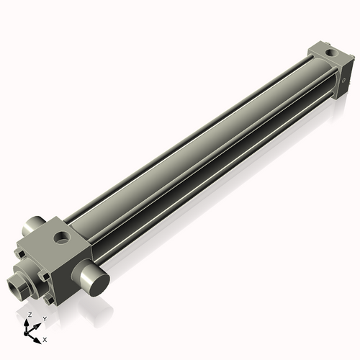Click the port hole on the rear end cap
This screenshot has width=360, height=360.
click(x=330, y=53)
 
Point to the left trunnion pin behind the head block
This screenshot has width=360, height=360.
click(x=35, y=227)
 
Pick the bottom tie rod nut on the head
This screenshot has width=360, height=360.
click(x=50, y=297)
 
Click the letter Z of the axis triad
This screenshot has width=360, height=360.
click(x=29, y=315)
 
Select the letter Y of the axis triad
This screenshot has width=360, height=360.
click(x=45, y=318)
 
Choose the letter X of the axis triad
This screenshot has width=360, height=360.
click(x=45, y=338)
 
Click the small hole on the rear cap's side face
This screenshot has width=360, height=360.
click(x=348, y=76)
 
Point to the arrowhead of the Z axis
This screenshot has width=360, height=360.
click(x=28, y=322)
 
